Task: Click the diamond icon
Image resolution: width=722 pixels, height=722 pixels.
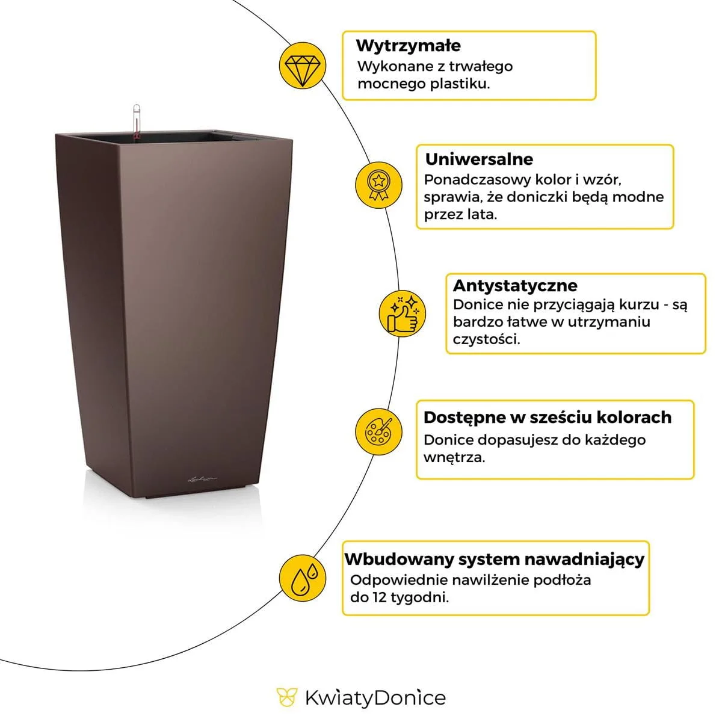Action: [303, 66]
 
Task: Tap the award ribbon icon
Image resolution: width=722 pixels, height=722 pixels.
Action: [378, 185]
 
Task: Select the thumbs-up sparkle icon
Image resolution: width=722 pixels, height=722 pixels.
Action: [403, 313]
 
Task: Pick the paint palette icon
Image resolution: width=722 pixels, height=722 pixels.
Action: [378, 431]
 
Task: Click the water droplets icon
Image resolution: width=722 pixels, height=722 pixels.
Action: [303, 578]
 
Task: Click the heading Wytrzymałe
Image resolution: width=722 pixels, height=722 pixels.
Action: [409, 46]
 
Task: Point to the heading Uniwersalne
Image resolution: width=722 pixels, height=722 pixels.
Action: [479, 159]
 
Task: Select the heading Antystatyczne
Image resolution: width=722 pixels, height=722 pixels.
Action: [515, 286]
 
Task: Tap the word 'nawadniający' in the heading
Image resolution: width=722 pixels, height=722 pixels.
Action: [584, 560]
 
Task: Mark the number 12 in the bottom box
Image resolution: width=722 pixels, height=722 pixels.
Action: [380, 597]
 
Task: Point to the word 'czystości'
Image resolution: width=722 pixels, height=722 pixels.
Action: [486, 339]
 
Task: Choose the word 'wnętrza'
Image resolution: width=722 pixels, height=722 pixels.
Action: [454, 457]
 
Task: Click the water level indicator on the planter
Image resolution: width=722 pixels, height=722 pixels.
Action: [137, 121]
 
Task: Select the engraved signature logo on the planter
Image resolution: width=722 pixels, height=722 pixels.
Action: [202, 479]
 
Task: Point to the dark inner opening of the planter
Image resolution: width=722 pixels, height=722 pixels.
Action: [161, 137]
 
